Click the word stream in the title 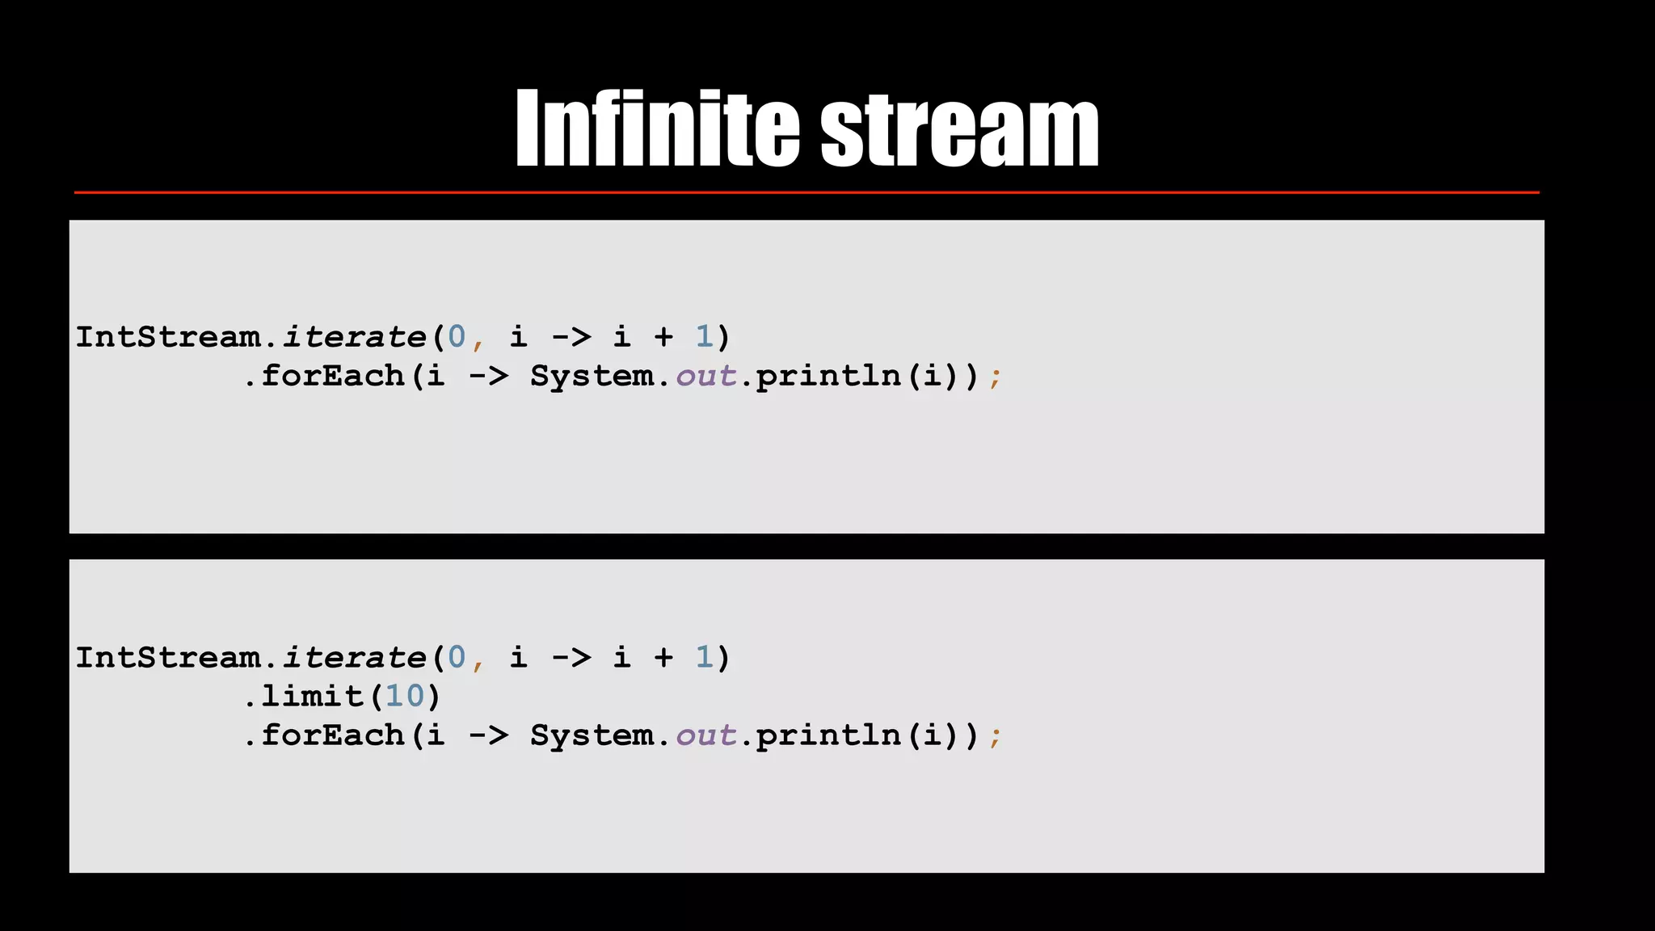(x=959, y=129)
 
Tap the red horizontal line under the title (x=806, y=192)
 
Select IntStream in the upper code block (x=168, y=337)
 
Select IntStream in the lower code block (x=168, y=658)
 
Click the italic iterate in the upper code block (x=354, y=337)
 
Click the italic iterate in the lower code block (x=354, y=658)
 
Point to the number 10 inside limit (x=405, y=696)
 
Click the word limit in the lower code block (x=312, y=696)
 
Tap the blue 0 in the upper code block (x=457, y=337)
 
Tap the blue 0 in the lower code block (x=457, y=658)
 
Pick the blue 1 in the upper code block (x=704, y=337)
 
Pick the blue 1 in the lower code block (x=704, y=658)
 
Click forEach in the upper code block (x=332, y=376)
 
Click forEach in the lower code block (x=332, y=735)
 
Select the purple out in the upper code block (x=705, y=377)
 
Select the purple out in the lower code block (x=705, y=736)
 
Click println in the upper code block (x=828, y=377)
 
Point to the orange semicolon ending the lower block (x=995, y=737)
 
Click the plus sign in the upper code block (x=663, y=338)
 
